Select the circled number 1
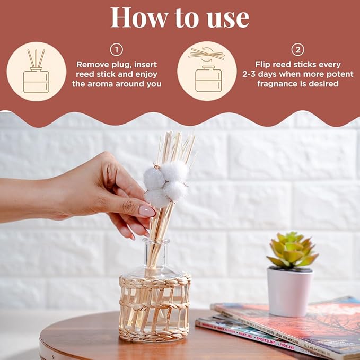click(116, 50)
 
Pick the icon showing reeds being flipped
click(207, 72)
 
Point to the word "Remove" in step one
click(94, 64)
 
